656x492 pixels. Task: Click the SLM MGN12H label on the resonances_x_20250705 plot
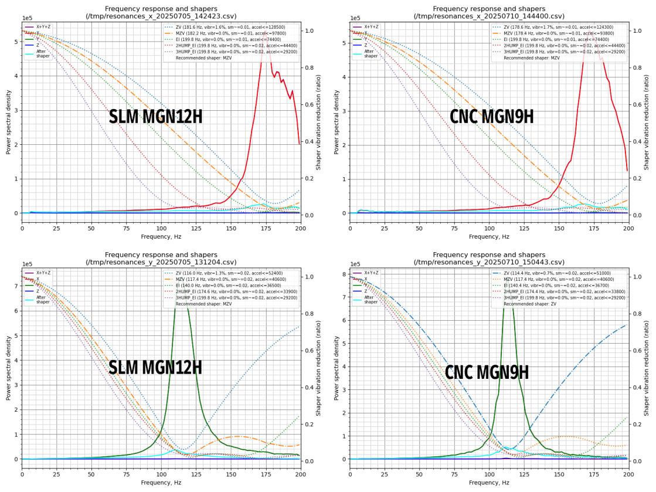(155, 117)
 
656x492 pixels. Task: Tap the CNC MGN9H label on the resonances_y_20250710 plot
(487, 373)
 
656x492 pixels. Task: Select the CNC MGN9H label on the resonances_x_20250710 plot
(491, 117)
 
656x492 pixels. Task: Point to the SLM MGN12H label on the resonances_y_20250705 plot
(155, 368)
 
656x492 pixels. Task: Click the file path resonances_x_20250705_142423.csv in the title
(161, 16)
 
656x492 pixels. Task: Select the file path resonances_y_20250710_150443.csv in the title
(489, 262)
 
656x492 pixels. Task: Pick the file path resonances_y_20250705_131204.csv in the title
(161, 262)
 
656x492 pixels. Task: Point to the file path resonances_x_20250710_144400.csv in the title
(489, 16)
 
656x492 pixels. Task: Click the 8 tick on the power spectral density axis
(345, 274)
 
